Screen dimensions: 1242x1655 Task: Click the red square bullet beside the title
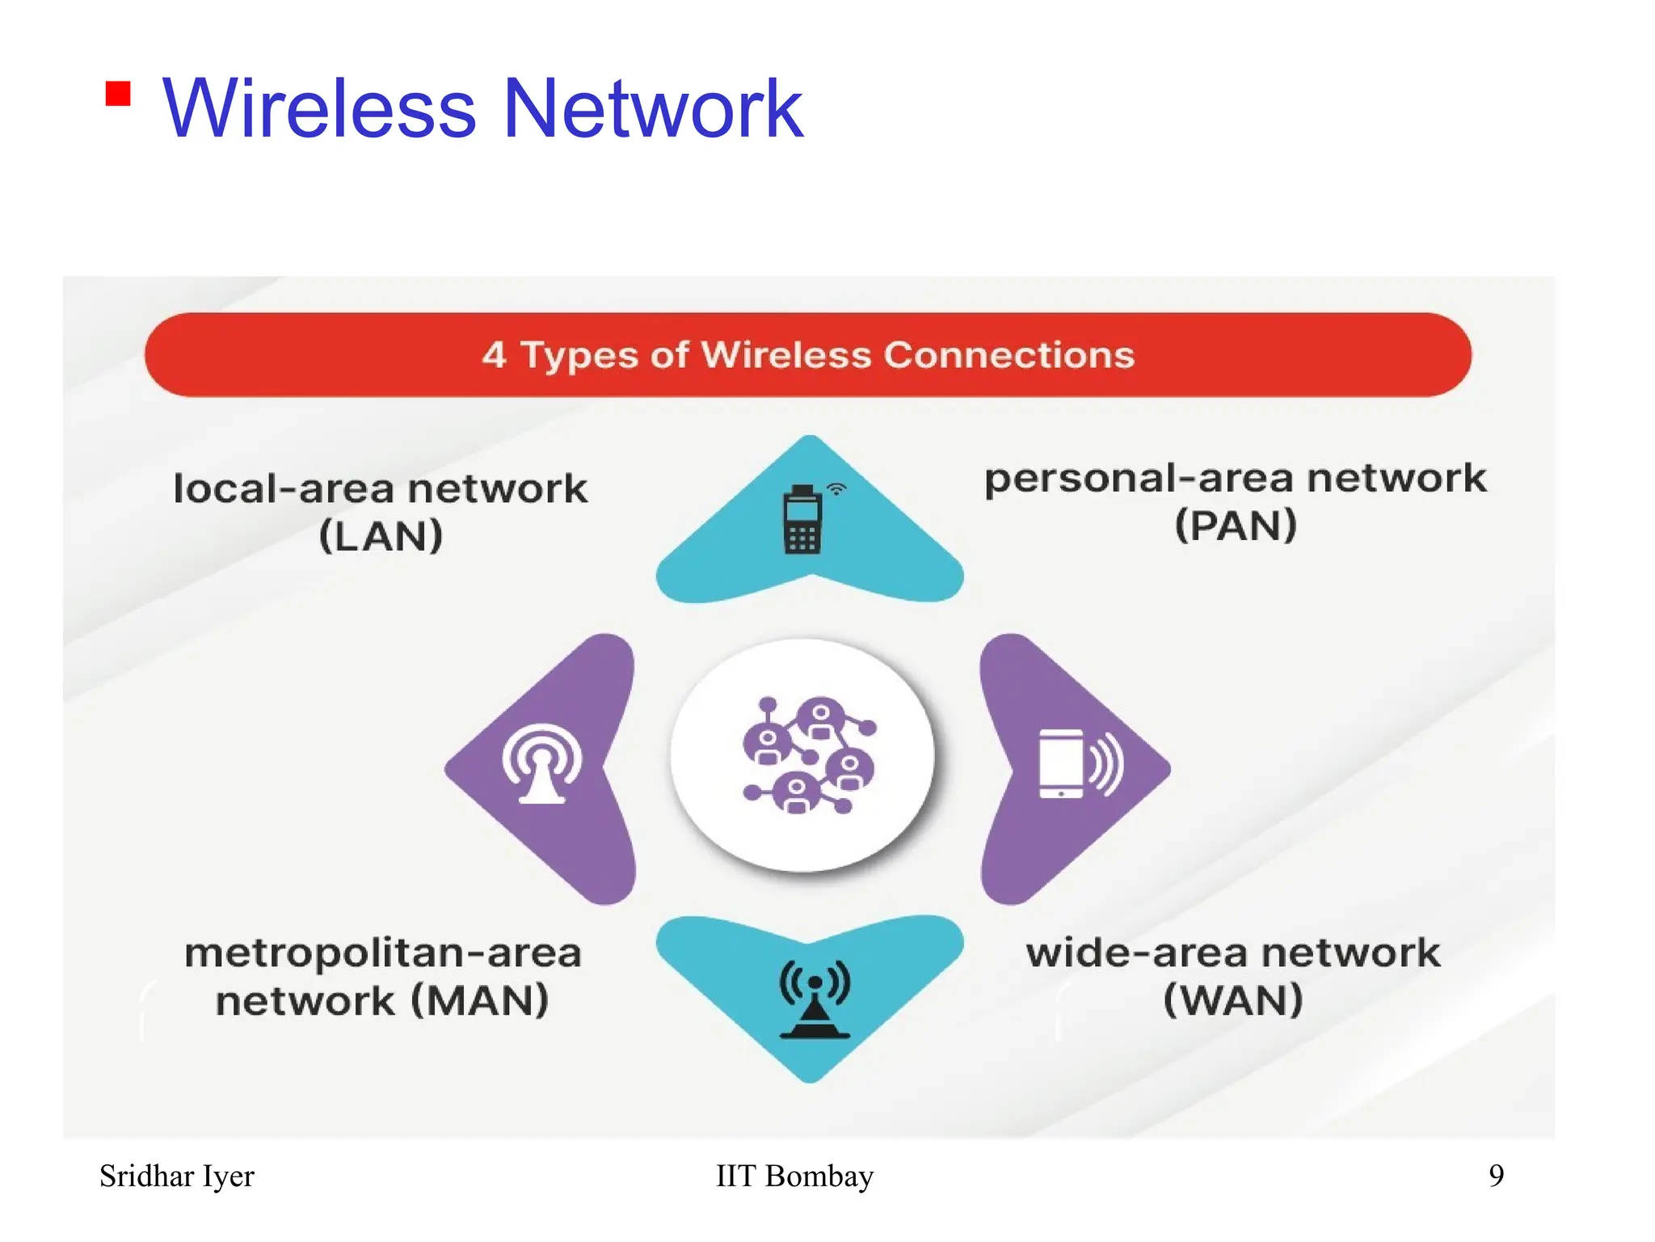point(118,94)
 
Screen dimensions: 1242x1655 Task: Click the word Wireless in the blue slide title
point(319,108)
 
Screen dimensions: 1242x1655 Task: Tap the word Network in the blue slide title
point(652,108)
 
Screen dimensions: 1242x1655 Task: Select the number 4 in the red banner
point(494,355)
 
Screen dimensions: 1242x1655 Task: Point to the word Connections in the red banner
point(1009,355)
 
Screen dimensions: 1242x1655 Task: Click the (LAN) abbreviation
point(381,535)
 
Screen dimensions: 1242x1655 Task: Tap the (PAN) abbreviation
point(1235,525)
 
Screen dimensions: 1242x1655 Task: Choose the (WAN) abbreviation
point(1232,999)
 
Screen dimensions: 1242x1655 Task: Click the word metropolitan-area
point(383,953)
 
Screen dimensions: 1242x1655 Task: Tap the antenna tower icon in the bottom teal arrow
point(814,999)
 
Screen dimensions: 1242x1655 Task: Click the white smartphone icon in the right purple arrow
point(1061,763)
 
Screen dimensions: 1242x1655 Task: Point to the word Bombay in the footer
point(819,1176)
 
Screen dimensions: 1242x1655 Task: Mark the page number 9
point(1496,1175)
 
